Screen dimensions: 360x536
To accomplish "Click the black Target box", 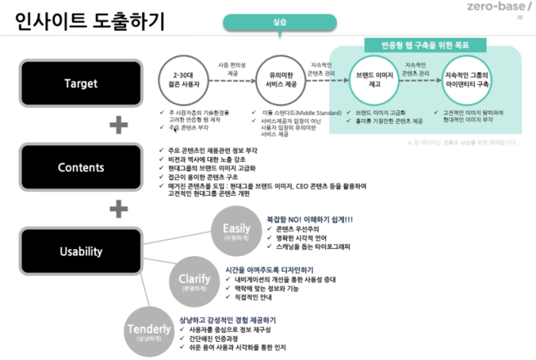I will (81, 84).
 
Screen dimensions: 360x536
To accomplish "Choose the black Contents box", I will (81, 167).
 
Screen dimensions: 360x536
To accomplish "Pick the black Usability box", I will (81, 252).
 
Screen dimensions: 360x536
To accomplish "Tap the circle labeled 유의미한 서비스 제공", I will (281, 78).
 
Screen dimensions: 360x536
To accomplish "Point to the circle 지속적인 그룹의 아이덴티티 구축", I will (466, 78).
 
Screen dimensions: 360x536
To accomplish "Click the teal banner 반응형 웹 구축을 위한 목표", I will (425, 45).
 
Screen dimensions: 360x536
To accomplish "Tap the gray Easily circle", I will (236, 230).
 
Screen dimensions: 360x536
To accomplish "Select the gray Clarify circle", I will (189, 281).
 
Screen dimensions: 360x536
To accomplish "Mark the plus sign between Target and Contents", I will (119, 126).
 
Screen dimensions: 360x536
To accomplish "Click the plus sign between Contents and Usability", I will (119, 209).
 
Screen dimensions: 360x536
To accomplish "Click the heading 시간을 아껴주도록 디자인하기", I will (269, 268).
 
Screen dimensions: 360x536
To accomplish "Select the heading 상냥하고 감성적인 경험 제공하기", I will (227, 320).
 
